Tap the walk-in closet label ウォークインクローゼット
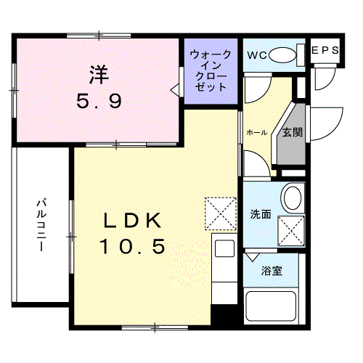(x=211, y=70)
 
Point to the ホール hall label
(x=257, y=132)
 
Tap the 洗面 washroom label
(x=261, y=215)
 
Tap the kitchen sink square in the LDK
(x=224, y=247)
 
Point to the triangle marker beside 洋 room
(x=174, y=89)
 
